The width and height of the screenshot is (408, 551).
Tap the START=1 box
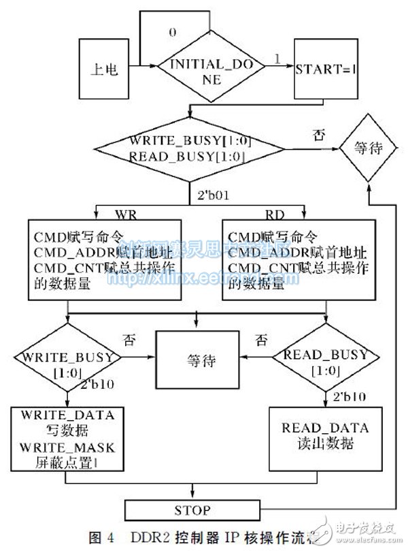point(325,67)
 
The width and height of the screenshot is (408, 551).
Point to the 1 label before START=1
point(277,60)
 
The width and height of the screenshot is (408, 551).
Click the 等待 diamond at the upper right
point(368,150)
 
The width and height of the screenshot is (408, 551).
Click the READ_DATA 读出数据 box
point(325,436)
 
